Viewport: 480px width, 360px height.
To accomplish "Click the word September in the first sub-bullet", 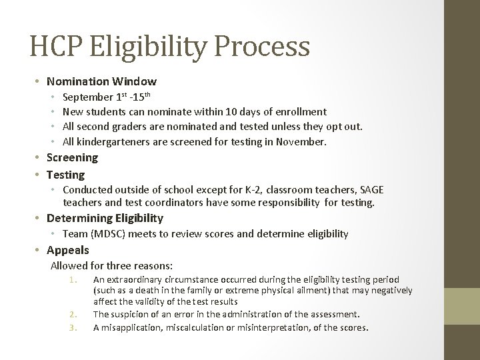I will [89, 97].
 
